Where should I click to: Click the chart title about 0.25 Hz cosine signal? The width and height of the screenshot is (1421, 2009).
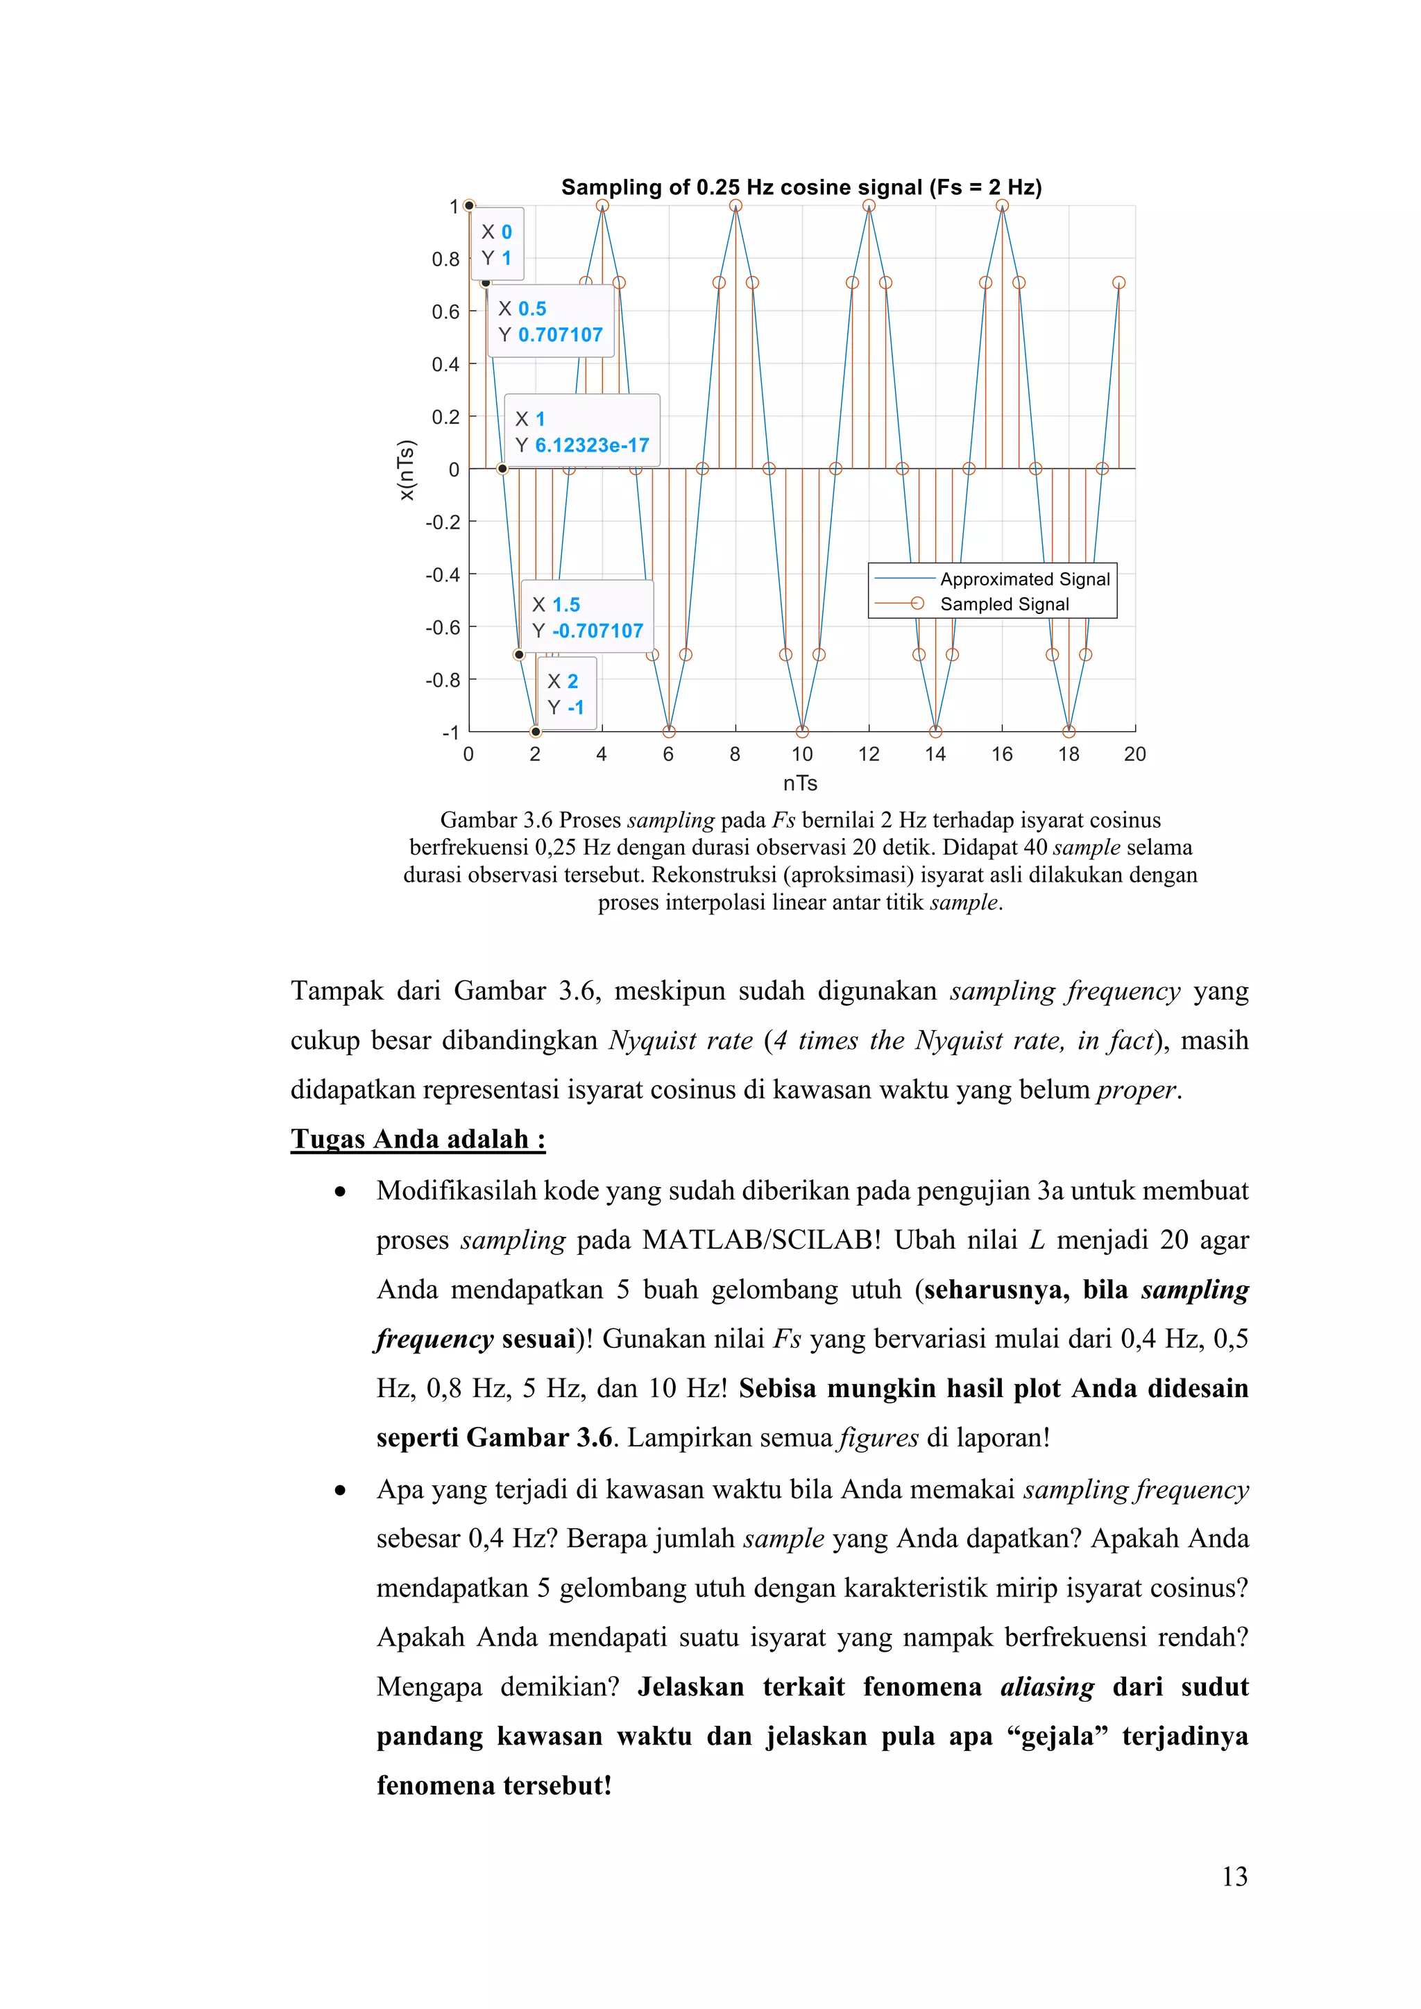(801, 187)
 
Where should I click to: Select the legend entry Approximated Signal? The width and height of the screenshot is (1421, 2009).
(1023, 579)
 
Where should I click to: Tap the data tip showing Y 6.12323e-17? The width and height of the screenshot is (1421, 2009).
(582, 431)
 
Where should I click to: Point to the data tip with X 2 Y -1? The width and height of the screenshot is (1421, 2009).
(566, 694)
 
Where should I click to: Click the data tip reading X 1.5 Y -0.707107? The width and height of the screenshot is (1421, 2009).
(587, 617)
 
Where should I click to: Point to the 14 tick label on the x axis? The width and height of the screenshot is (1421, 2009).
(935, 754)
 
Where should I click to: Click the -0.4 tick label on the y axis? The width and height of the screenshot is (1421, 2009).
(443, 575)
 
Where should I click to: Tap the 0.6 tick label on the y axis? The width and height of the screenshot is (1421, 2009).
(445, 312)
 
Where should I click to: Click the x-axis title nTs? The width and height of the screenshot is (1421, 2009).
(800, 783)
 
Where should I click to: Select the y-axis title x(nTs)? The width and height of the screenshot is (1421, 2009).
(406, 470)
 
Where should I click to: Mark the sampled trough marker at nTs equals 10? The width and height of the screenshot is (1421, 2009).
(802, 731)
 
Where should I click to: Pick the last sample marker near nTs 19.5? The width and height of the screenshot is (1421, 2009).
(1118, 282)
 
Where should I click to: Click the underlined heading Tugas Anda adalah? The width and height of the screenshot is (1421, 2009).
(418, 1138)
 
